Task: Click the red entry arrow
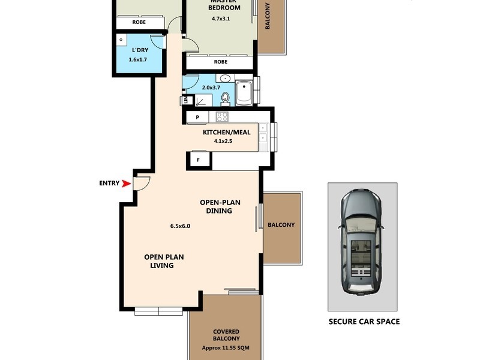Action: coord(126,184)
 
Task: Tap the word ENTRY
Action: coord(109,184)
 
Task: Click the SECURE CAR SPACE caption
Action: coord(364,322)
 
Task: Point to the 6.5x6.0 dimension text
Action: coord(180,226)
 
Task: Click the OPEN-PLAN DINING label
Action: coord(219,206)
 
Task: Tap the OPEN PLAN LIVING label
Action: coord(164,261)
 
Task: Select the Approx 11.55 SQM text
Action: coord(226,347)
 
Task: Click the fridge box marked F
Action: coord(198,160)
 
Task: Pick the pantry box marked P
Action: coord(197,117)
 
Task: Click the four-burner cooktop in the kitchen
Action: coord(222,116)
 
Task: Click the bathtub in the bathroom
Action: coord(244,93)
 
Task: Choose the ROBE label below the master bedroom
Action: coord(220,62)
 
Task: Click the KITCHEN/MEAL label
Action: coord(223,132)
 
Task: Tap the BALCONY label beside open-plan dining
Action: coord(281,225)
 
